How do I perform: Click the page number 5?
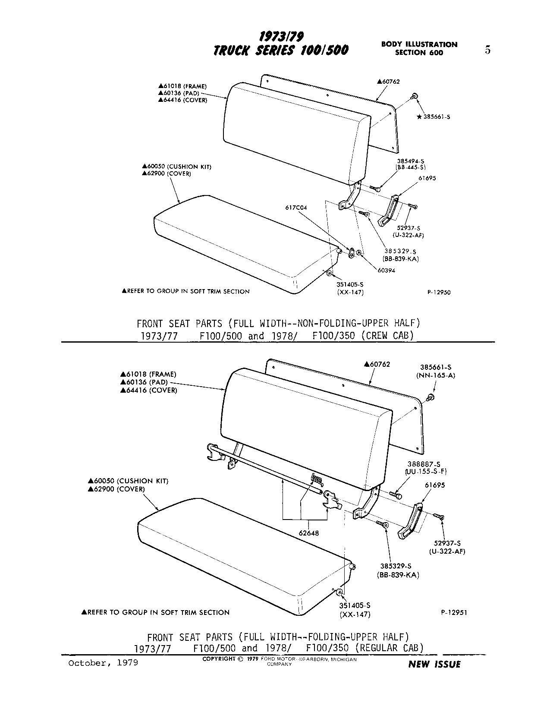(487, 50)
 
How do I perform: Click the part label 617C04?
(296, 208)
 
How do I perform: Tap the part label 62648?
(309, 533)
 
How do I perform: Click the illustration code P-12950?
(439, 292)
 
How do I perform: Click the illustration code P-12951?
(454, 612)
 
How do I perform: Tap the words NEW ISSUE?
(434, 664)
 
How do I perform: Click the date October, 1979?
(103, 662)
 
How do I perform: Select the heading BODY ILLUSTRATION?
(419, 44)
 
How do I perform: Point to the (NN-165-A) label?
(435, 375)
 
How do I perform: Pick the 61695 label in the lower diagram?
(435, 485)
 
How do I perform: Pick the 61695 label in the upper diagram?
(415, 178)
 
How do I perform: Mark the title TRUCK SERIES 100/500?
(281, 50)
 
